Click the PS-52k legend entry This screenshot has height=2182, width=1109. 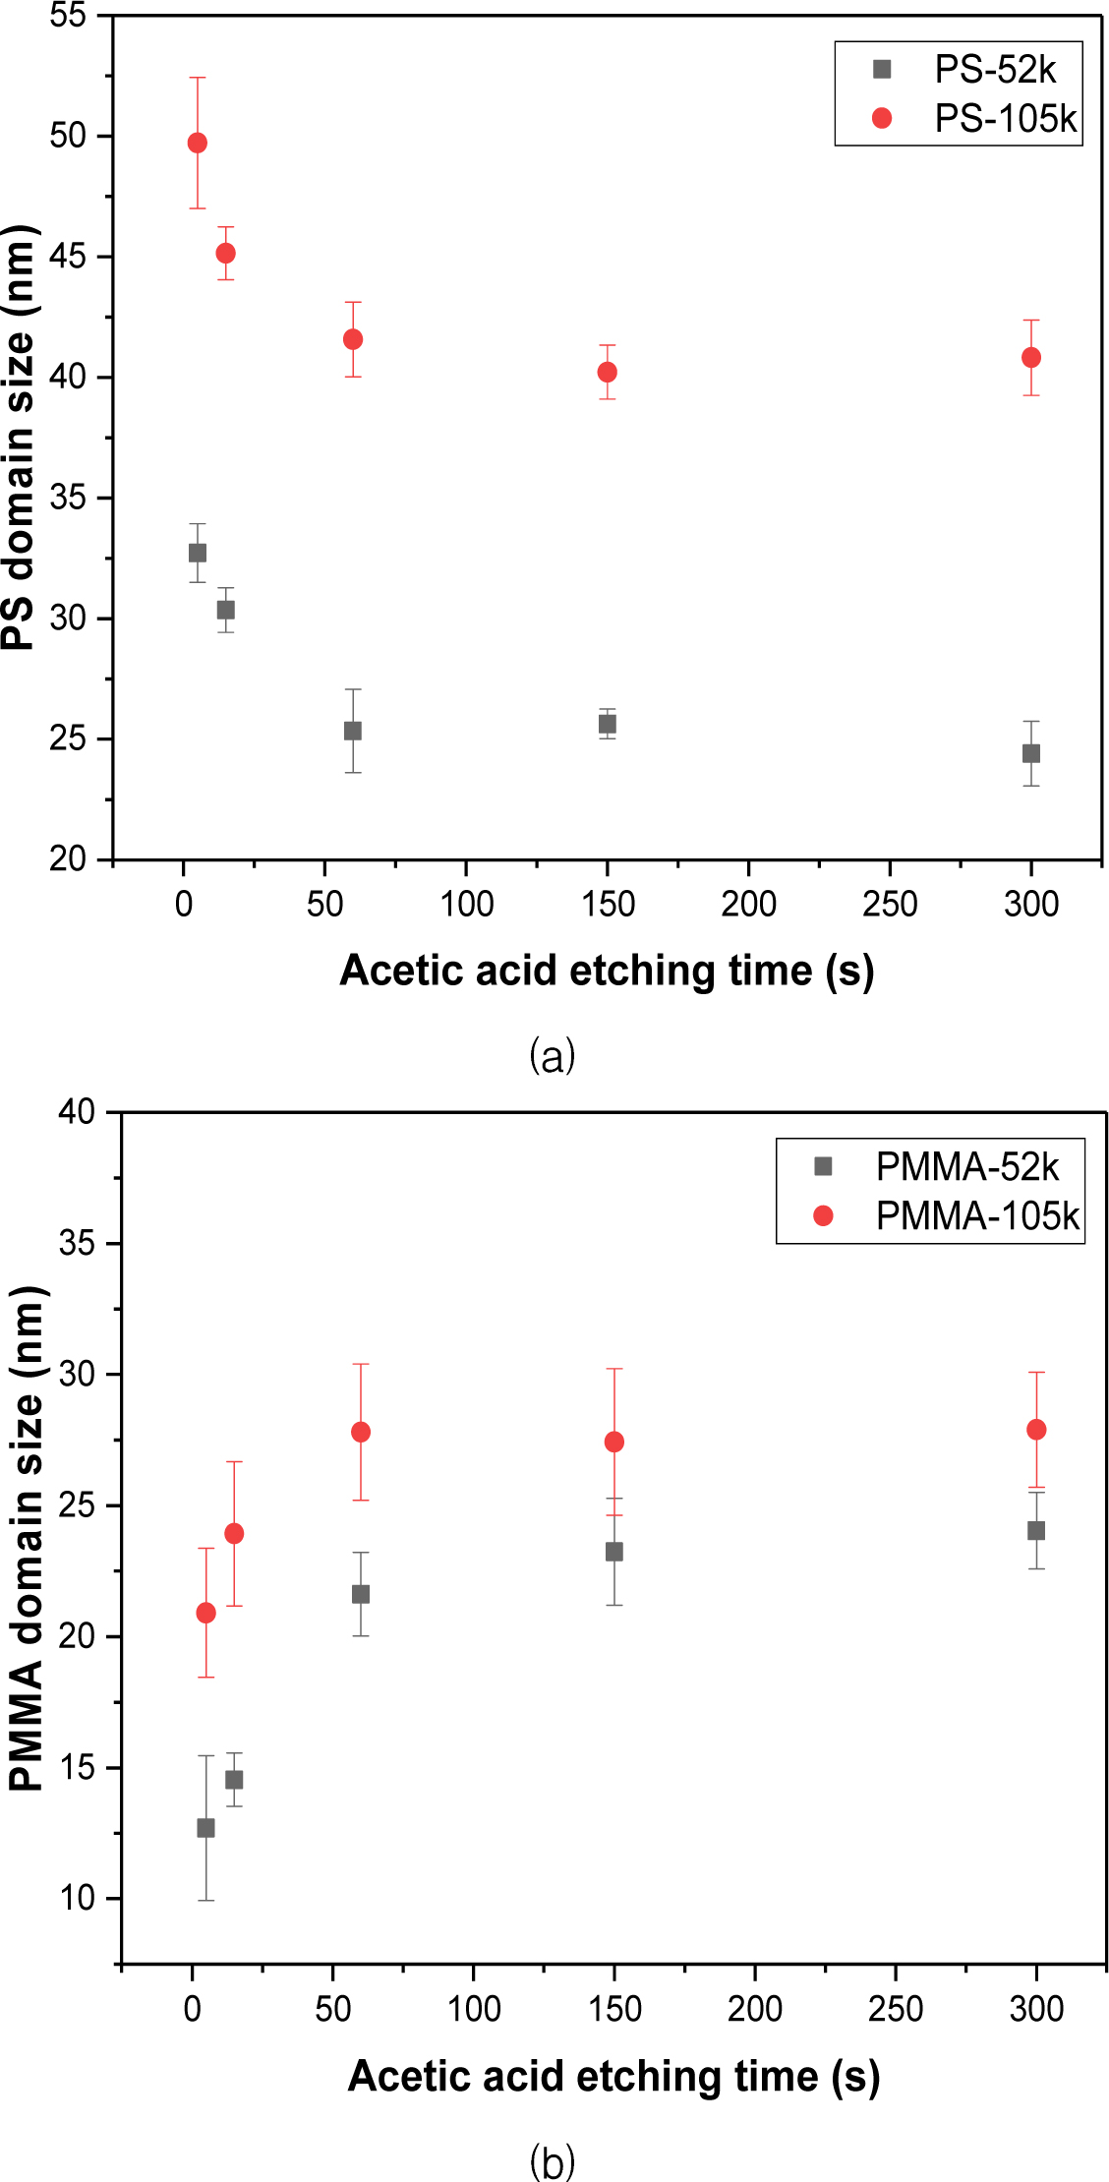coord(993,70)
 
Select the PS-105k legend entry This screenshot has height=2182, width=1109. coord(1004,119)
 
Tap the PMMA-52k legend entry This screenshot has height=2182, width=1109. coord(965,1167)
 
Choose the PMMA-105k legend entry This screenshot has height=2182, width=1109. coord(976,1216)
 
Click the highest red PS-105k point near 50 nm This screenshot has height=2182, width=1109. coord(198,144)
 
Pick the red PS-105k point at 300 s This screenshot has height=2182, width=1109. coord(1031,358)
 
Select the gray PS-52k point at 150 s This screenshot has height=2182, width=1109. coord(608,725)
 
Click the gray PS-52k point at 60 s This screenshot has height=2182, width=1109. coord(353,731)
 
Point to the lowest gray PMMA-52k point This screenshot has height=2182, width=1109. coord(205,1828)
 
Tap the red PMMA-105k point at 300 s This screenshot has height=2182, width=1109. coord(1036,1430)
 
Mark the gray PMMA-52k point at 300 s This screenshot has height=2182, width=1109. coord(1036,1531)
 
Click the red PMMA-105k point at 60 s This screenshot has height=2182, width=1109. coord(361,1433)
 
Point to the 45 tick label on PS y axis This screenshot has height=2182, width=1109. coord(68,257)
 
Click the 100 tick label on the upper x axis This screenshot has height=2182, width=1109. coord(466,904)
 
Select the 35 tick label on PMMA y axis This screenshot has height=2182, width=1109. coord(77,1244)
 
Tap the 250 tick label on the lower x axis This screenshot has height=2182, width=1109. coord(896,2009)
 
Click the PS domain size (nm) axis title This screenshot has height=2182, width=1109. coord(20,438)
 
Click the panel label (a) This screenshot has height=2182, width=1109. coord(552,1056)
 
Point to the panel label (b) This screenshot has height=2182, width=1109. coord(552,2162)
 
